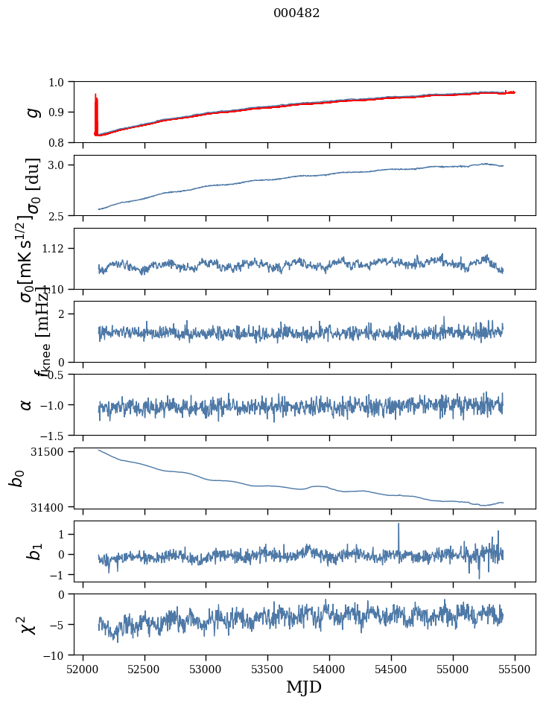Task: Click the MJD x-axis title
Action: point(304,687)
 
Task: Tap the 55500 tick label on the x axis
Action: point(515,669)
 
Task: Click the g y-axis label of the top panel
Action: point(31,112)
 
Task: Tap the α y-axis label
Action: point(27,404)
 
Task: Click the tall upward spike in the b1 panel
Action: point(398,526)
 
